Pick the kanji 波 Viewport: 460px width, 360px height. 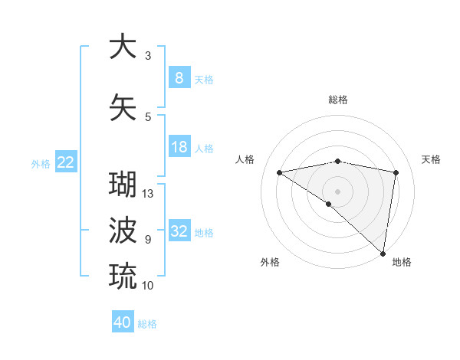[122, 230]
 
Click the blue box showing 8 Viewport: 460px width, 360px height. [179, 78]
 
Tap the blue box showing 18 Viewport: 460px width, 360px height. [179, 147]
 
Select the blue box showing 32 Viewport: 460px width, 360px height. [179, 231]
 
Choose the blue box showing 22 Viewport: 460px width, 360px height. [66, 162]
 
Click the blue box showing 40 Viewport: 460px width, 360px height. [123, 322]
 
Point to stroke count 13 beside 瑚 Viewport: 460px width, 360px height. [148, 194]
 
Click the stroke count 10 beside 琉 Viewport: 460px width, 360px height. [148, 286]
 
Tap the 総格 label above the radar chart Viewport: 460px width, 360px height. [337, 100]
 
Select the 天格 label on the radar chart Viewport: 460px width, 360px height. [431, 159]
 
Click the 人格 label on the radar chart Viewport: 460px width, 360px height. [245, 159]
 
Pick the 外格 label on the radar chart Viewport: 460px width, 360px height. [270, 262]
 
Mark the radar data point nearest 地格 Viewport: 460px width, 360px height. [383, 253]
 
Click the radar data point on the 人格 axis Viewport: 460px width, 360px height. [280, 172]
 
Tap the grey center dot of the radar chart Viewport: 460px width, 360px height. [337, 190]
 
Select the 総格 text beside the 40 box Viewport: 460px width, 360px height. [147, 324]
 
